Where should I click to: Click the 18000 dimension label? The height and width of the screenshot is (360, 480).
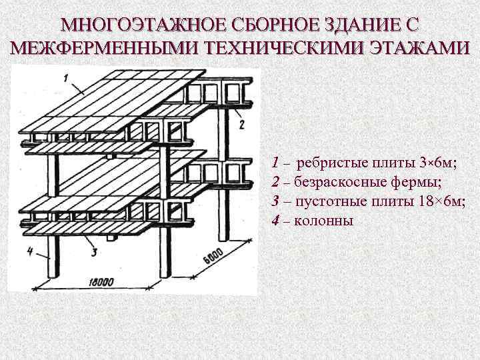click(99, 283)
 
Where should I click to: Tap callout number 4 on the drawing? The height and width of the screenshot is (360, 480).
click(29, 251)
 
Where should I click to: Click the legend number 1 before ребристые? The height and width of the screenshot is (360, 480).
click(275, 162)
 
